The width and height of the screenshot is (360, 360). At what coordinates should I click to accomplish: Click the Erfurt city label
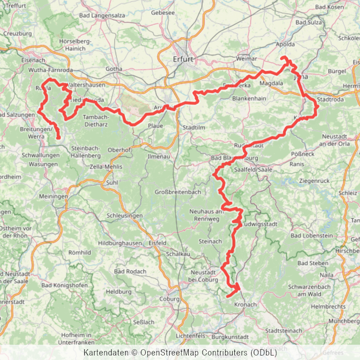pyautogui.click(x=183, y=59)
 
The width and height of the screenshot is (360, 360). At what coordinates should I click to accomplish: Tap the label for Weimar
pyautogui.click(x=246, y=59)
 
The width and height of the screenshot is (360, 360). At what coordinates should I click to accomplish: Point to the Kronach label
pyautogui.click(x=245, y=305)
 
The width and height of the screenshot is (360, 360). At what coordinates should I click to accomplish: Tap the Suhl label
pyautogui.click(x=111, y=183)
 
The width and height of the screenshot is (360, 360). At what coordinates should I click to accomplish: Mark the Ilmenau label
pyautogui.click(x=159, y=157)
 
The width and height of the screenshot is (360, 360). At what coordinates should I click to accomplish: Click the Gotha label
pyautogui.click(x=114, y=69)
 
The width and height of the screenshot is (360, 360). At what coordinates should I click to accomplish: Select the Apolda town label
pyautogui.click(x=285, y=45)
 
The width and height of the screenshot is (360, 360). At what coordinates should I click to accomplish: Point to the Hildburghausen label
pyautogui.click(x=120, y=243)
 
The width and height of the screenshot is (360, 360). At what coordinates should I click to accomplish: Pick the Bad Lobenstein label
pyautogui.click(x=311, y=236)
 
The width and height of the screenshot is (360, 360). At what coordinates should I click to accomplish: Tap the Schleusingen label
pyautogui.click(x=125, y=216)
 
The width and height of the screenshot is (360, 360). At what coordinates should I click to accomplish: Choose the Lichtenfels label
pyautogui.click(x=190, y=336)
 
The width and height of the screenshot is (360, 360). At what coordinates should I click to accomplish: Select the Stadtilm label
pyautogui.click(x=194, y=128)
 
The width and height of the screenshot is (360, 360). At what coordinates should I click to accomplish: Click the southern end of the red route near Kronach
pyautogui.click(x=228, y=296)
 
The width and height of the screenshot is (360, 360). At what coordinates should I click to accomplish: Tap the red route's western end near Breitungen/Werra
pyautogui.click(x=59, y=138)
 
